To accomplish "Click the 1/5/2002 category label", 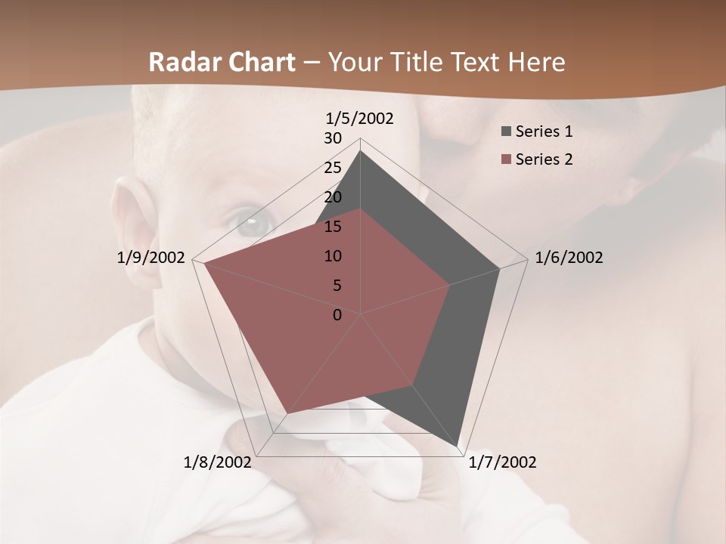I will [x=360, y=119].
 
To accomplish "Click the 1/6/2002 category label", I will [x=569, y=258].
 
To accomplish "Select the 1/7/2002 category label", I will [x=502, y=462].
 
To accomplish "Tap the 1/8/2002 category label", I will [x=218, y=462].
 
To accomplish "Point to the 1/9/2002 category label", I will [x=151, y=258].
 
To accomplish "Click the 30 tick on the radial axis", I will [x=333, y=138].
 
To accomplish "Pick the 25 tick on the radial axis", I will [x=333, y=168].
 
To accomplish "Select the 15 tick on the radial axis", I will [x=333, y=227].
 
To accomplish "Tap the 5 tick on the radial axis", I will [x=337, y=286].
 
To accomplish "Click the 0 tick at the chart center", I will [x=337, y=315].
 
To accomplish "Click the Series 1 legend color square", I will [x=505, y=132].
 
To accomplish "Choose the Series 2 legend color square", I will [x=505, y=159].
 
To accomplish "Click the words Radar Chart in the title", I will [x=221, y=63].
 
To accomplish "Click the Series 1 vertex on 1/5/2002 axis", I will [x=360, y=151].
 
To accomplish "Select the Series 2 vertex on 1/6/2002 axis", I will [x=450, y=285].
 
